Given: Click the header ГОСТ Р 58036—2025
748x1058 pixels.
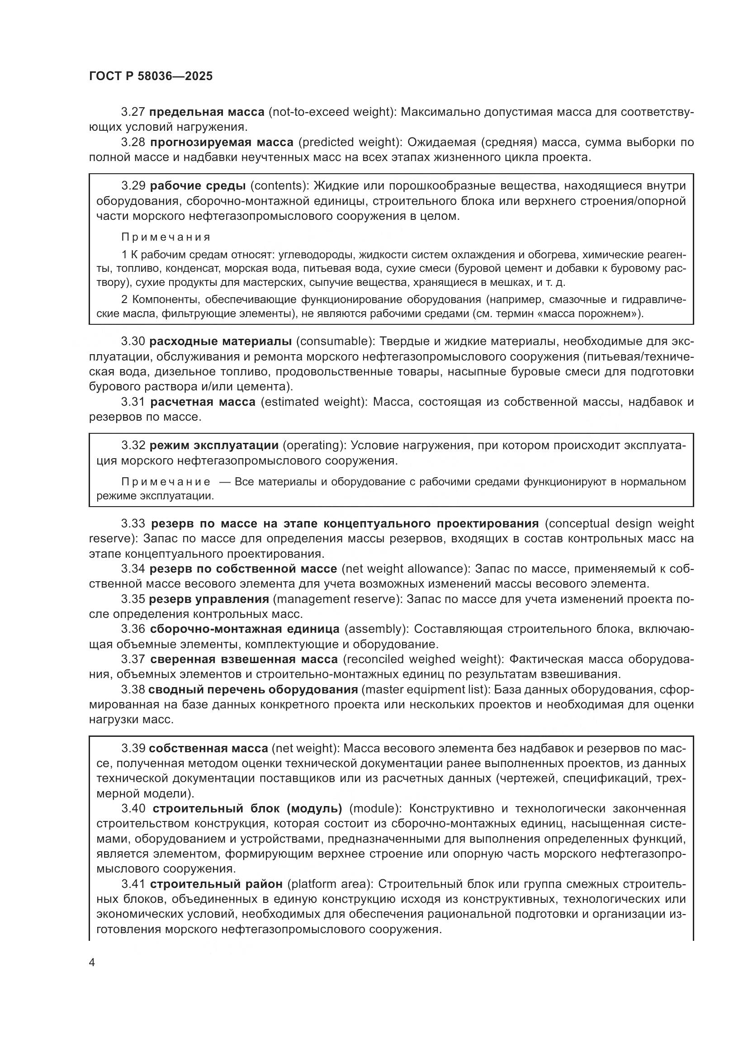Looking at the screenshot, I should click(x=151, y=76).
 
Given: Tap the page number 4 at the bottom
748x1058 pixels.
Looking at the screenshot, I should click(x=92, y=963).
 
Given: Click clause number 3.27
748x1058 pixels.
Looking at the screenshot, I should click(x=133, y=112).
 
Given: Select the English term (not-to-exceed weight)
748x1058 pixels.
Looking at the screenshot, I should click(x=331, y=112).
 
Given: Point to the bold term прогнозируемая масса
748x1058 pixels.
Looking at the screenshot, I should click(x=222, y=142).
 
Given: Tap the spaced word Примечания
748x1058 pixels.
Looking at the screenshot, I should click(x=166, y=237).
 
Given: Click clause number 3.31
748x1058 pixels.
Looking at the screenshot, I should click(x=133, y=402).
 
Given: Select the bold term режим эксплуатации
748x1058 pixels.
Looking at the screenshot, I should click(x=214, y=445).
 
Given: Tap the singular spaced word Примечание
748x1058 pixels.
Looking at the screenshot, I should click(x=166, y=482).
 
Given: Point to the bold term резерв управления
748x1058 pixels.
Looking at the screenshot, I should click(x=208, y=599).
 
